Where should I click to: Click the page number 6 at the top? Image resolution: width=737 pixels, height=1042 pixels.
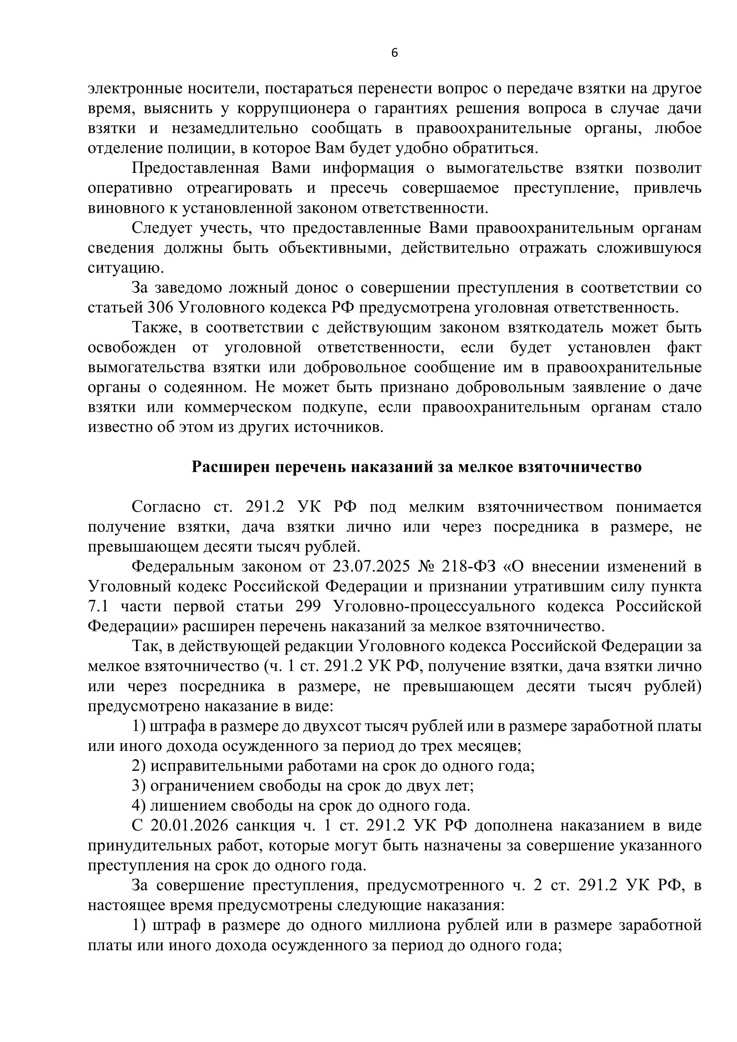tap(394, 53)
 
